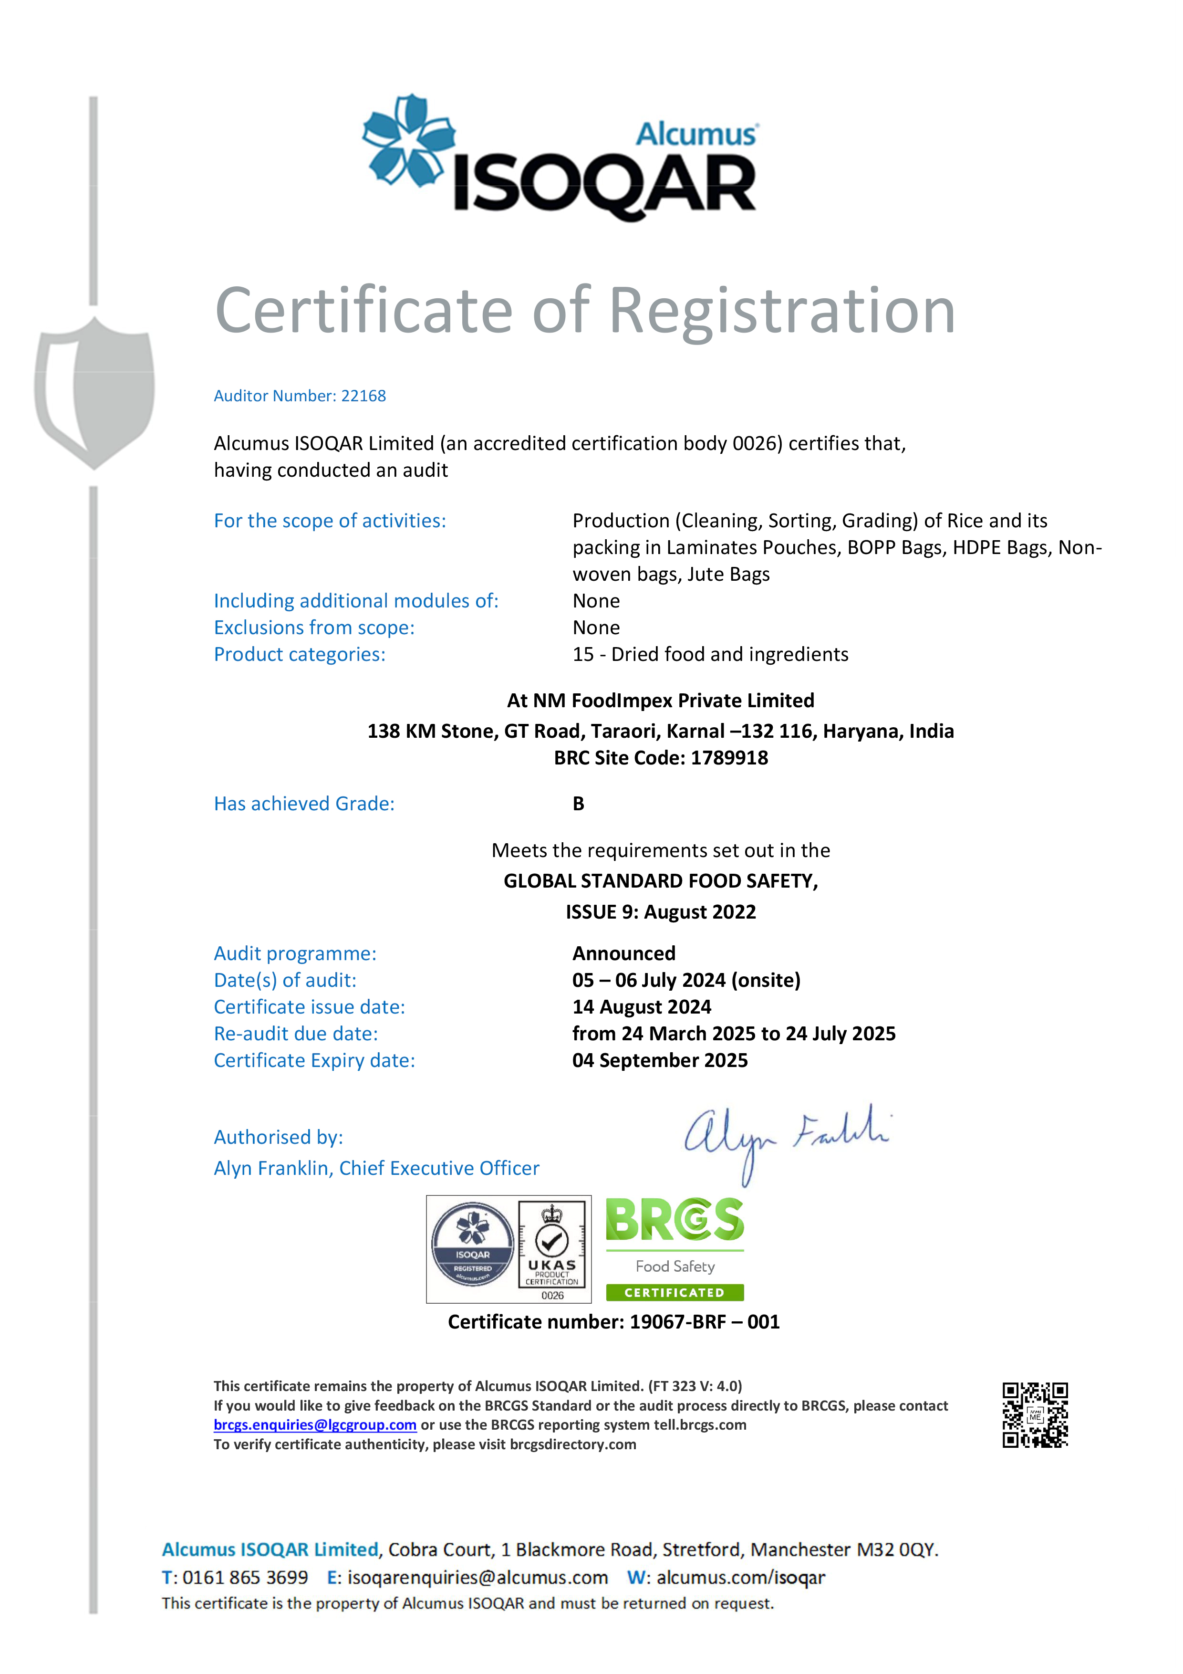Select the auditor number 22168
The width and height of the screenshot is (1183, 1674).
pos(363,396)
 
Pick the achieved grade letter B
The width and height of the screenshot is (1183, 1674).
pos(578,804)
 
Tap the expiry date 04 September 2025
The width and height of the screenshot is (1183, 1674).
pos(660,1060)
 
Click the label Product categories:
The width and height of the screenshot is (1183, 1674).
pos(300,655)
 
